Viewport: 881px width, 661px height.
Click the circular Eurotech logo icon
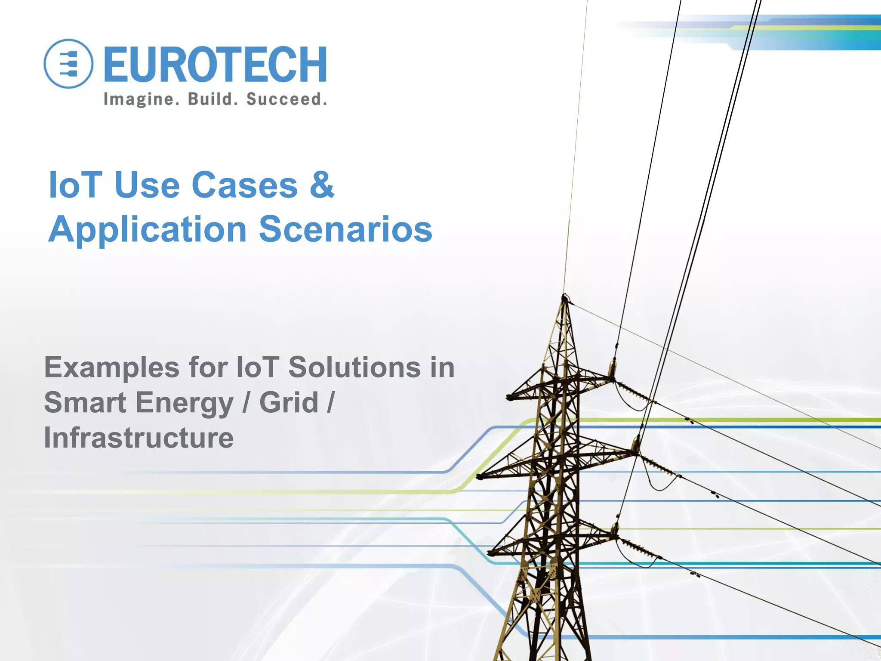[68, 64]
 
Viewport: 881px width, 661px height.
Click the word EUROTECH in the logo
[215, 65]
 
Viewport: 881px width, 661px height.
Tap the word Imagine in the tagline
[139, 99]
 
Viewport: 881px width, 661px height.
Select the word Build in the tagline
[213, 99]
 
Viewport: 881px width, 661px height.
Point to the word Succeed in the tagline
[286, 99]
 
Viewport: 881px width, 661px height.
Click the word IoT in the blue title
[75, 185]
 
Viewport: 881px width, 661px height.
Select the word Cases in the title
[244, 185]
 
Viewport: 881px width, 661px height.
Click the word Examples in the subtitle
[111, 368]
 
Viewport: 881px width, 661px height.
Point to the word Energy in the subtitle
[184, 404]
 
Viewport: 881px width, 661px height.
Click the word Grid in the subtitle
[289, 403]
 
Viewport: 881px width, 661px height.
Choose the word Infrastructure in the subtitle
[139, 438]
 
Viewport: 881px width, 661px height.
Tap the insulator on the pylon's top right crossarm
[611, 369]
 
